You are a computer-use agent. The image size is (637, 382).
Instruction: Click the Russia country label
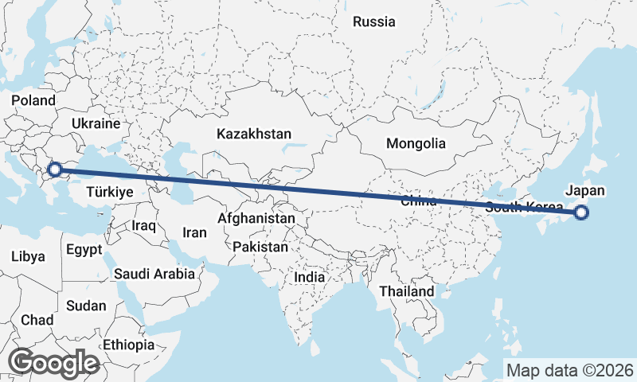pyautogui.click(x=374, y=21)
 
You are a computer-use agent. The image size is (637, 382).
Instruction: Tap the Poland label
pyautogui.click(x=33, y=100)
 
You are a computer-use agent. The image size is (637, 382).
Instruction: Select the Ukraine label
pyautogui.click(x=96, y=124)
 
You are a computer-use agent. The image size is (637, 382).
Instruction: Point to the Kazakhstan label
pyautogui.click(x=254, y=134)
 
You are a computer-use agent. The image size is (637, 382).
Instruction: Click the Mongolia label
pyautogui.click(x=416, y=144)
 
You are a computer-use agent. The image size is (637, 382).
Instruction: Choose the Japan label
pyautogui.click(x=585, y=190)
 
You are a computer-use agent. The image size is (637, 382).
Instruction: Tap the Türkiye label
pyautogui.click(x=109, y=192)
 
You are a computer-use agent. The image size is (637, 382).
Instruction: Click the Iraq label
pyautogui.click(x=144, y=226)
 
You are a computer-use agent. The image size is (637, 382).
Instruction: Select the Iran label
pyautogui.click(x=195, y=232)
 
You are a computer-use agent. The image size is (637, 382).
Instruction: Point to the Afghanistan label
pyautogui.click(x=257, y=217)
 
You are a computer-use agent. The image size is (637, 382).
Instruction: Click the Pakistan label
pyautogui.click(x=260, y=247)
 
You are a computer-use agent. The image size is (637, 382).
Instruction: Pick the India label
pyautogui.click(x=310, y=277)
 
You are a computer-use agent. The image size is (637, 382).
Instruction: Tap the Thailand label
pyautogui.click(x=407, y=291)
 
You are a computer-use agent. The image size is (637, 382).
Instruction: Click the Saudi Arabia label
pyautogui.click(x=154, y=274)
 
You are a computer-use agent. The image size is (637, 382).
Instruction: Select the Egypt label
pyautogui.click(x=84, y=249)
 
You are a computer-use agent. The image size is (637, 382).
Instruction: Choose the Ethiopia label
pyautogui.click(x=129, y=345)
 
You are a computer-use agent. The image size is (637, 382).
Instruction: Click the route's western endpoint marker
pyautogui.click(x=54, y=169)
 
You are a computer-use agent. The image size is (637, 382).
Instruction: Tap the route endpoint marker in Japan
pyautogui.click(x=581, y=212)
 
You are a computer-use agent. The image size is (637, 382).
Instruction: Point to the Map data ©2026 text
pyautogui.click(x=570, y=370)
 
